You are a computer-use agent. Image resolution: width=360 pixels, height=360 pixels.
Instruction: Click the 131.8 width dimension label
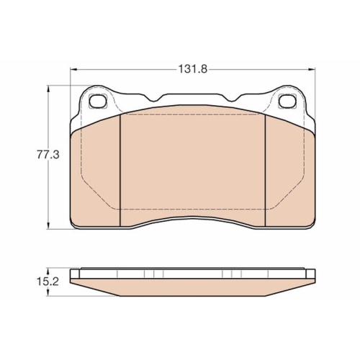(192, 69)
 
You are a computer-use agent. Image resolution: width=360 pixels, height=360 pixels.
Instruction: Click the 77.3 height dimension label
(48, 155)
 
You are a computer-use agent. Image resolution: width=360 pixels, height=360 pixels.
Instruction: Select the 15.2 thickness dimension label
(48, 282)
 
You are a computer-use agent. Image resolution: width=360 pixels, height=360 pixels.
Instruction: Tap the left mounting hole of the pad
(97, 101)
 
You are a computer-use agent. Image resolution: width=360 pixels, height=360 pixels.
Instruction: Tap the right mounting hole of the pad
(287, 101)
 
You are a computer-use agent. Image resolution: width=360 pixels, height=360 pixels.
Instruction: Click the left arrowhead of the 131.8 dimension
(73, 70)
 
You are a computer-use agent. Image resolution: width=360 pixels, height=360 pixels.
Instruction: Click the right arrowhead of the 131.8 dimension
(312, 70)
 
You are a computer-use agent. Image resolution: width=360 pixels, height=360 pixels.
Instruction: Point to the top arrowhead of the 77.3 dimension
(48, 89)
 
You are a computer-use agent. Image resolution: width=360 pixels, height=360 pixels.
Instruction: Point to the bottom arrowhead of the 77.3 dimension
(48, 226)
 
